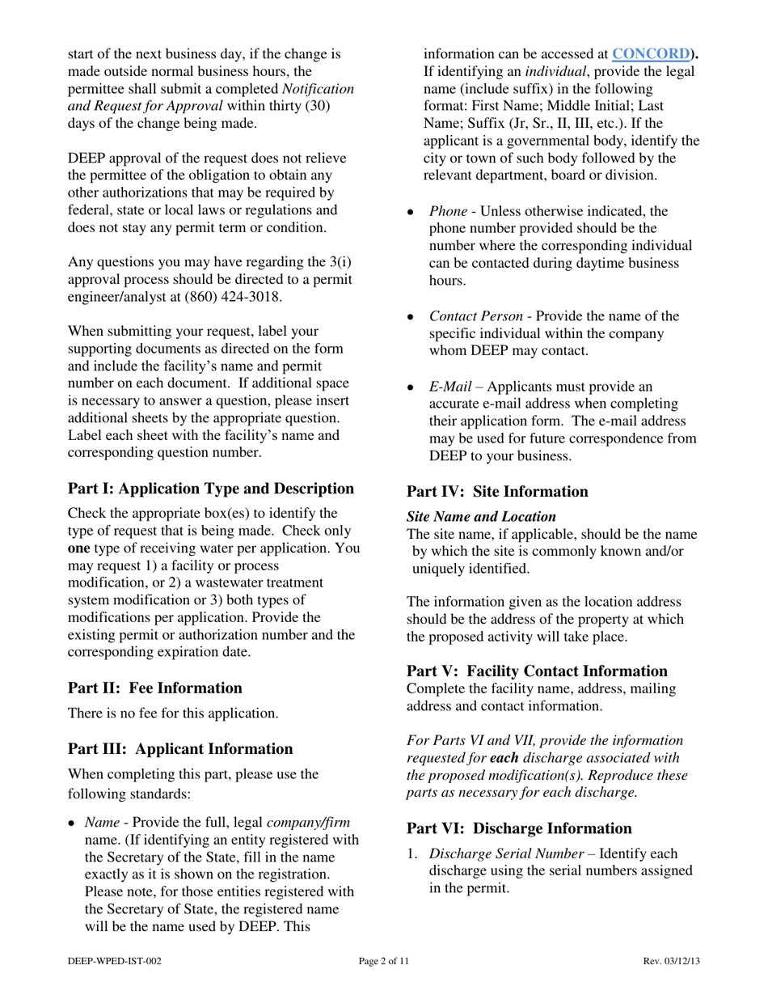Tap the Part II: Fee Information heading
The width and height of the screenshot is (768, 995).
click(x=154, y=688)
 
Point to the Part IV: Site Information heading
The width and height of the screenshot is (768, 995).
click(x=497, y=492)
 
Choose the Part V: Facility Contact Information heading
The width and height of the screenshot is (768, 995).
click(x=537, y=671)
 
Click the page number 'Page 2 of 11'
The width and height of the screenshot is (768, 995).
click(x=384, y=961)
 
